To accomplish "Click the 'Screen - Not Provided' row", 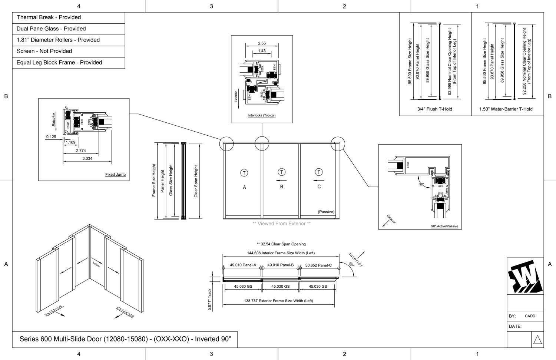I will [x=44, y=51].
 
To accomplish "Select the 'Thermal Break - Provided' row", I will [x=49, y=17].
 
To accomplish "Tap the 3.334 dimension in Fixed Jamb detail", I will [x=87, y=158].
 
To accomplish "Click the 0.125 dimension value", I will [x=51, y=137].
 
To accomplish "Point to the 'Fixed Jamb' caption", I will [x=115, y=175].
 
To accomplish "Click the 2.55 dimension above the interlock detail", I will [x=262, y=43].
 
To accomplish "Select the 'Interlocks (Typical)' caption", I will [x=262, y=115].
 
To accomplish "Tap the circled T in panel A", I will [x=244, y=173].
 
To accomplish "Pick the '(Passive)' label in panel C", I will [x=326, y=212].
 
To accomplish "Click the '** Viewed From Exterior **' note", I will [x=281, y=224].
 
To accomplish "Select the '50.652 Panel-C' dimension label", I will [x=318, y=265].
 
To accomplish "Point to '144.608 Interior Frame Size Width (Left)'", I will [x=281, y=253].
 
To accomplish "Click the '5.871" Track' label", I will [x=209, y=300].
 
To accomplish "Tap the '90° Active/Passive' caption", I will [x=444, y=226].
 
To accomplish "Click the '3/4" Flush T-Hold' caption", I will [x=434, y=109].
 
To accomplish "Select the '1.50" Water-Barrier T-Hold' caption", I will [x=506, y=109].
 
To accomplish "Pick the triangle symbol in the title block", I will [x=537, y=340].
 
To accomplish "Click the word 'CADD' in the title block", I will [x=530, y=316].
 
